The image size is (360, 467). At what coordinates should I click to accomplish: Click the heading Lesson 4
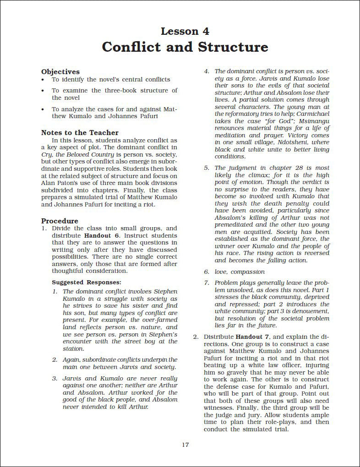[x=185, y=31]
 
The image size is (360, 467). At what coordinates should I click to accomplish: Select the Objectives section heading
[x=60, y=71]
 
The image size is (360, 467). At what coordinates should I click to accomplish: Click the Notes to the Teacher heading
[x=80, y=132]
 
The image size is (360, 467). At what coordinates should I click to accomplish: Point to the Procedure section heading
[x=60, y=220]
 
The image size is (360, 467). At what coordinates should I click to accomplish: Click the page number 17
[x=185, y=444]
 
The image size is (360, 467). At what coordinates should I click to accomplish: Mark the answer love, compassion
[x=240, y=272]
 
